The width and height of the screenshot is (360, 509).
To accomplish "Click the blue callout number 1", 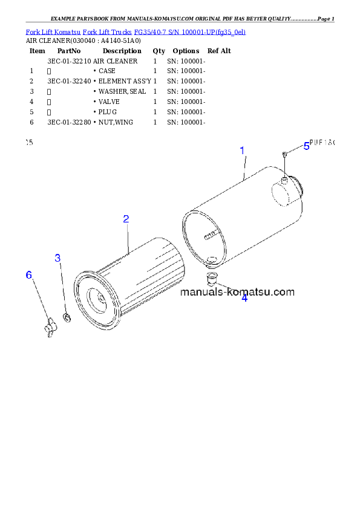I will (x=242, y=151).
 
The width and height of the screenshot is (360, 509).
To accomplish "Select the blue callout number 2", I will (x=126, y=219).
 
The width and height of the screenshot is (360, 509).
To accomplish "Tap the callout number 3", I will (x=58, y=258).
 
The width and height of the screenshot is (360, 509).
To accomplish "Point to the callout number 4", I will (x=244, y=297).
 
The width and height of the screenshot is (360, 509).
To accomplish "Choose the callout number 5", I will (x=306, y=146).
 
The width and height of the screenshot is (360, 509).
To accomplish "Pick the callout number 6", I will (x=28, y=275).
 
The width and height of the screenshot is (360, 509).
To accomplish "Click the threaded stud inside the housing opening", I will (x=210, y=236).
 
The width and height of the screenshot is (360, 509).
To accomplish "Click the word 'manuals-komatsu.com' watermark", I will (x=238, y=292).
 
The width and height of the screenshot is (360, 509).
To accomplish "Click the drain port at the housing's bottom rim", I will (x=212, y=260).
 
